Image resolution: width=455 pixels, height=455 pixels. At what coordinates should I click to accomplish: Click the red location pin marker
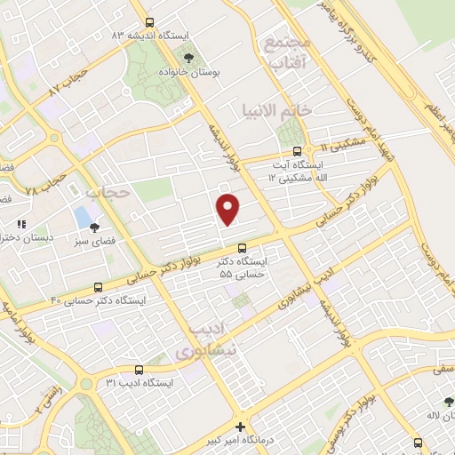coord(228,209)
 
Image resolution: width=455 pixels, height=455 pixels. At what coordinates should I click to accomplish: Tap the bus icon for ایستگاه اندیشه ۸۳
coord(148,23)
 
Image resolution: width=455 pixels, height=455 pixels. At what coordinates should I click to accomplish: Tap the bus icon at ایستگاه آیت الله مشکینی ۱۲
coord(309,150)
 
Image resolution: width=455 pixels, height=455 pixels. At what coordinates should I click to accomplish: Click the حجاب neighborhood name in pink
coord(108,191)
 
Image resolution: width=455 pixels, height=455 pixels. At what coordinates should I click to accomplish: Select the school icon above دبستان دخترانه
coord(22,224)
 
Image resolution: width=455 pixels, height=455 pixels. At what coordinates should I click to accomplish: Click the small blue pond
coord(83,216)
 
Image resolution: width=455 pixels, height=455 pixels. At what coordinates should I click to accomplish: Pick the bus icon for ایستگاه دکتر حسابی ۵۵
coord(243,248)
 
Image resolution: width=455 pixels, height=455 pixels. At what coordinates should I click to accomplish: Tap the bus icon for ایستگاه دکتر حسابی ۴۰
coord(98,287)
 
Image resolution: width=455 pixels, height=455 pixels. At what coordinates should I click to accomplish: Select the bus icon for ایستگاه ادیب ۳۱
coord(139,369)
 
